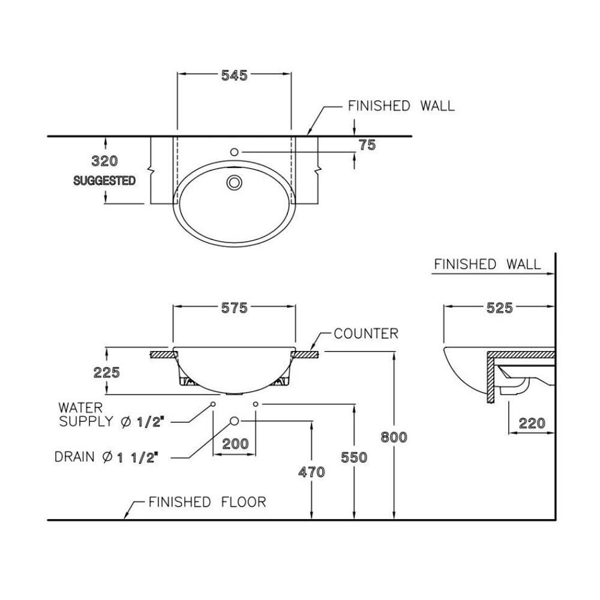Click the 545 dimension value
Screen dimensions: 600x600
[x=234, y=76]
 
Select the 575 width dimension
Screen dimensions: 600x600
[x=234, y=308]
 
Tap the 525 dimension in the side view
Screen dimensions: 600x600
[x=500, y=308]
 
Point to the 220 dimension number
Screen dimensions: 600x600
[x=532, y=424]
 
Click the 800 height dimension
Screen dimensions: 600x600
[x=394, y=437]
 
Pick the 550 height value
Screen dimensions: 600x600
[x=353, y=457]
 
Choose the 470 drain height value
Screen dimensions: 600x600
[x=311, y=472]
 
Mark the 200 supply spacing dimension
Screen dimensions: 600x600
[x=235, y=443]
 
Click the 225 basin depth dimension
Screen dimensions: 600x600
[x=107, y=372]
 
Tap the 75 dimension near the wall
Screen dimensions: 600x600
[x=367, y=145]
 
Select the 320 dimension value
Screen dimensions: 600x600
[x=104, y=161]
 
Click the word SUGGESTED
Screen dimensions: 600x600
[x=104, y=180]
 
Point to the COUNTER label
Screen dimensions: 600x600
[x=366, y=334]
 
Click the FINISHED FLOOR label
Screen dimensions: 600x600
[x=207, y=502]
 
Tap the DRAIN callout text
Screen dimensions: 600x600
[x=106, y=457]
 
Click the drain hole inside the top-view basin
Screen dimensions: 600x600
[x=234, y=182]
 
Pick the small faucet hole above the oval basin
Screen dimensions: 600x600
[x=235, y=152]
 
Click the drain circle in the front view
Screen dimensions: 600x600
[x=235, y=421]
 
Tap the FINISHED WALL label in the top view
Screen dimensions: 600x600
[x=401, y=106]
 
